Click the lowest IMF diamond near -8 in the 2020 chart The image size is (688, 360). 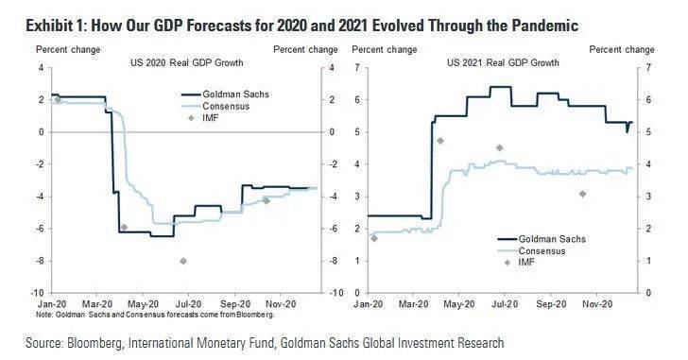[x=183, y=261]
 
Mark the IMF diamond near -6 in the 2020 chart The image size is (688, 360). [x=124, y=227]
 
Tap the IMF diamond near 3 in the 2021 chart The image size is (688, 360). [x=582, y=194]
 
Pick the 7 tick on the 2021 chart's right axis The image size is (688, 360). [x=646, y=67]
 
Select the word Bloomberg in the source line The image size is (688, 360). [x=93, y=342]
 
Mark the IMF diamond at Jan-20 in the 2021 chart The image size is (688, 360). [x=373, y=238]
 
